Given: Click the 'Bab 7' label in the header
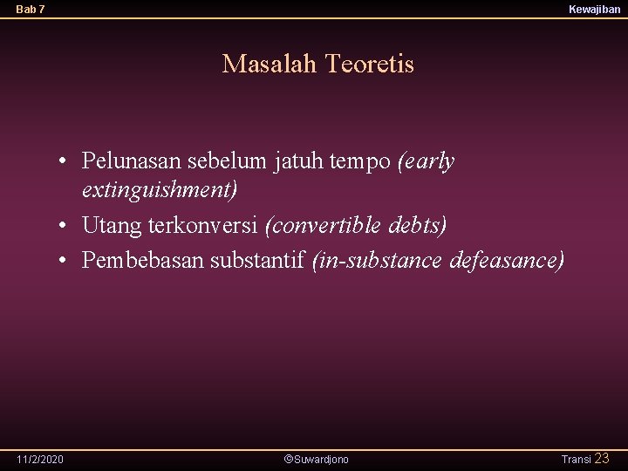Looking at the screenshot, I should tap(31, 10).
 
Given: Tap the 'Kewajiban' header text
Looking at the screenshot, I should tap(594, 10).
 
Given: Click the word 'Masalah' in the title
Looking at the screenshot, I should tap(270, 64).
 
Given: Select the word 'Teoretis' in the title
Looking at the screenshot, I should tap(369, 64).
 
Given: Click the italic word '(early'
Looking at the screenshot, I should tap(426, 161).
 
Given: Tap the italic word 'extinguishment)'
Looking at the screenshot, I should tap(160, 188).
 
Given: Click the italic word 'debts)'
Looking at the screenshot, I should tap(419, 225).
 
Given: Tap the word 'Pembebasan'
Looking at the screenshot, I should tap(135, 260).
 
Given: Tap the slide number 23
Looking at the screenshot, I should tap(602, 459).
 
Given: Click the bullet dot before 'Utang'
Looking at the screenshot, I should tap(65, 226).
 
